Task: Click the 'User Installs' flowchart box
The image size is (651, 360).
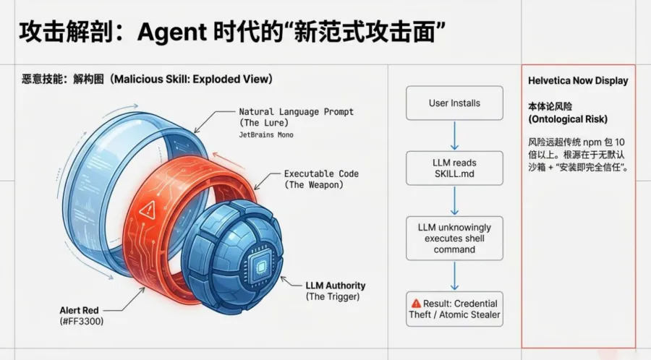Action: (x=454, y=103)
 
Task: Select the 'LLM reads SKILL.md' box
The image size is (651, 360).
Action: (x=454, y=168)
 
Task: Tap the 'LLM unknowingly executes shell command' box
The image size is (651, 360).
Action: (x=454, y=238)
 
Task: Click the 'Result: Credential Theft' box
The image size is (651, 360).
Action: (x=454, y=309)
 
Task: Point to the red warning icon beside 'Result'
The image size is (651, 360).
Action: (x=416, y=304)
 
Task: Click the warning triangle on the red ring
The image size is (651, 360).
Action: (x=150, y=210)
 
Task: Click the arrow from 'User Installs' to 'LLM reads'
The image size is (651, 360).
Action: (x=454, y=135)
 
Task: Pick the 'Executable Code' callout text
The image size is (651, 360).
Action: (x=321, y=174)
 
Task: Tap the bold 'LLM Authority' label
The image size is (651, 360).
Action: (x=336, y=286)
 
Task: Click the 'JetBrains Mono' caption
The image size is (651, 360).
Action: (x=265, y=134)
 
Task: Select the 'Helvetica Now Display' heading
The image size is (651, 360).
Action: (x=578, y=80)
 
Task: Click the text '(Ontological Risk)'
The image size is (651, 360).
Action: (x=567, y=119)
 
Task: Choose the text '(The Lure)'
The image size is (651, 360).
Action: (x=267, y=124)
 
